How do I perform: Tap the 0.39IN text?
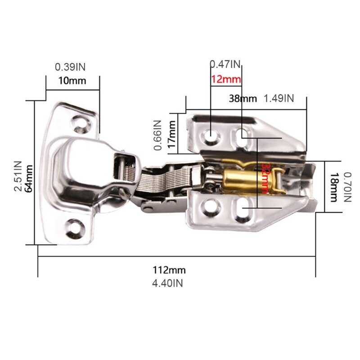(70, 67)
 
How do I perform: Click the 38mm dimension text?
(243, 99)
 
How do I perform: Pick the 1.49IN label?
(279, 99)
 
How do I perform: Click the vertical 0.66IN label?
(157, 134)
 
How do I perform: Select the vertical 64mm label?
(30, 179)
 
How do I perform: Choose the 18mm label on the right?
(334, 187)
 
